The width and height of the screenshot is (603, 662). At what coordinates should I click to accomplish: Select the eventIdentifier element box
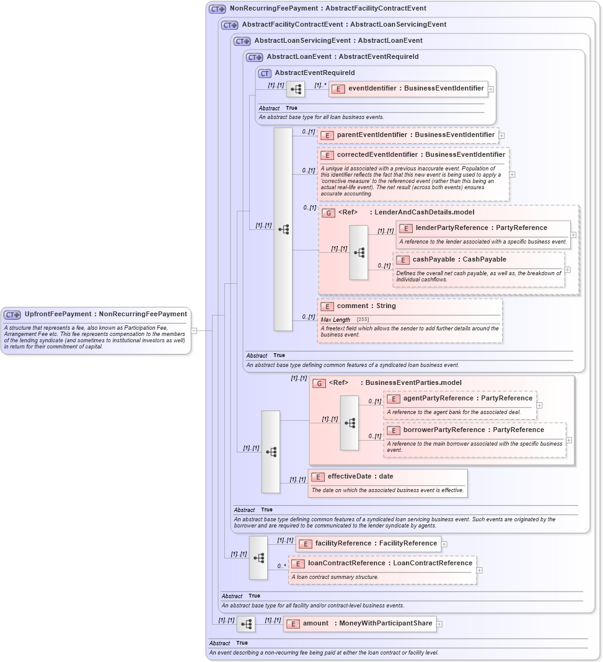coord(408,89)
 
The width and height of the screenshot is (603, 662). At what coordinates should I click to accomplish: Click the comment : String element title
coord(366,306)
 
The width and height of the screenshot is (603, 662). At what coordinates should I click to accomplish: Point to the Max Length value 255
coord(363,320)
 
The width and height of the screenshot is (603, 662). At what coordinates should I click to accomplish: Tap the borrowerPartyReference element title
coord(473,430)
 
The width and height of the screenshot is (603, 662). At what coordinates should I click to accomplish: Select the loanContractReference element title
coord(390,563)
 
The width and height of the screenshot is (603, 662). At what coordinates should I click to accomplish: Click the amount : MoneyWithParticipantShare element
coord(359,624)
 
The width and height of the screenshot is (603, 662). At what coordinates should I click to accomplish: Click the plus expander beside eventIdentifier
coord(491,89)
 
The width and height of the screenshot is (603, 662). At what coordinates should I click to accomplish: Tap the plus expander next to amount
coord(439,624)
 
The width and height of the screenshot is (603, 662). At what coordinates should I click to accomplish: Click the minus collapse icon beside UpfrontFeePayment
coord(194,330)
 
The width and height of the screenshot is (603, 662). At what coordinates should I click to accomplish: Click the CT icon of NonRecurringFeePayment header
coord(217,9)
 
